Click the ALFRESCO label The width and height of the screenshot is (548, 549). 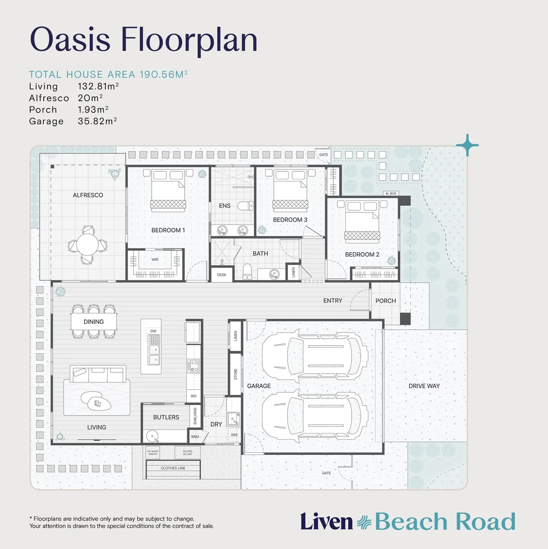click(x=88, y=195)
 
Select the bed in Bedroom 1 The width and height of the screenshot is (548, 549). click(x=167, y=192)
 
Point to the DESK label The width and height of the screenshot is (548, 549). click(x=222, y=274)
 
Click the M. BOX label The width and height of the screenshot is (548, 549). click(x=391, y=194)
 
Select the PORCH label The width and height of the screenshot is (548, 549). click(x=385, y=301)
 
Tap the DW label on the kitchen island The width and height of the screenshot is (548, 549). click(x=154, y=331)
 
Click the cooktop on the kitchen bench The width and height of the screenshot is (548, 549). click(x=194, y=365)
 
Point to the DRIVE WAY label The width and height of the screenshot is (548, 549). click(x=424, y=386)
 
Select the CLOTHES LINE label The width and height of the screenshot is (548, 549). click(x=173, y=468)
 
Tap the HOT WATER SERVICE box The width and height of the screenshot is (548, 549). click(x=153, y=452)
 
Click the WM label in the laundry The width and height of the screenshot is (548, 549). click(x=234, y=435)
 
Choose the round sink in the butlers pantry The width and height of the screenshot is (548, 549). click(x=151, y=436)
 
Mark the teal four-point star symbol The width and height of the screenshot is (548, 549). click(x=467, y=145)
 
